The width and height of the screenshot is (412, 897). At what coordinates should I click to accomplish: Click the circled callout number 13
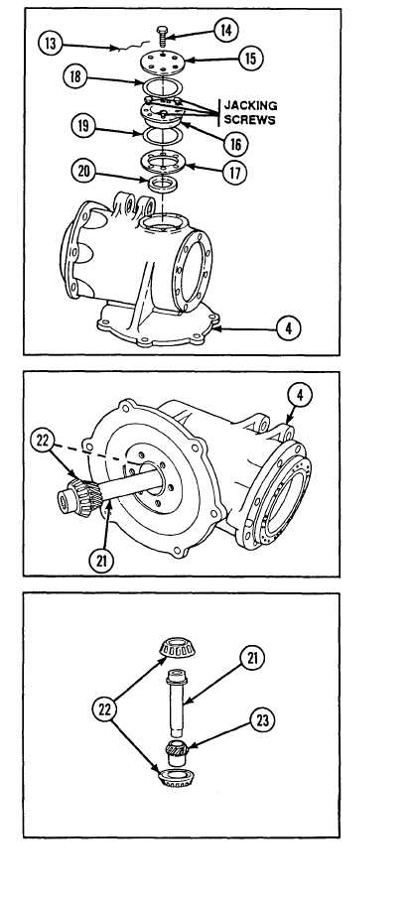(51, 44)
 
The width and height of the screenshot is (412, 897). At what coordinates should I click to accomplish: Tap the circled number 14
(226, 31)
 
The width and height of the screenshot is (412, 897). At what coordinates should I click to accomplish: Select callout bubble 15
(250, 59)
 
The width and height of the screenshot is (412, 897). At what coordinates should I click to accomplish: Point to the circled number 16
(235, 144)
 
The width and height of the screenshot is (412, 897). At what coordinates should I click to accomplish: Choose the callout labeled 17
(234, 173)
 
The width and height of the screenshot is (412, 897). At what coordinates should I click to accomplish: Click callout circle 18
(75, 76)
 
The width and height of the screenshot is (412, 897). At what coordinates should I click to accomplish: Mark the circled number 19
(83, 126)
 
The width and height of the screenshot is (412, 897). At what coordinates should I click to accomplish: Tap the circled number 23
(262, 720)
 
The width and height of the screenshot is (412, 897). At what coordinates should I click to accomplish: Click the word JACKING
(250, 106)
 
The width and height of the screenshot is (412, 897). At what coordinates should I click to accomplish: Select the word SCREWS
(249, 120)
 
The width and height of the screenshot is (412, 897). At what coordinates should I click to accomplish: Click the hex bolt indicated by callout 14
(161, 36)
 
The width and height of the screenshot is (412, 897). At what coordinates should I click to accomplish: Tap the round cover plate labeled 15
(163, 63)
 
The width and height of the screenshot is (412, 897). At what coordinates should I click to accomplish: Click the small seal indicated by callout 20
(163, 185)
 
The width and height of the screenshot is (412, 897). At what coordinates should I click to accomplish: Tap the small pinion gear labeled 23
(178, 748)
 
